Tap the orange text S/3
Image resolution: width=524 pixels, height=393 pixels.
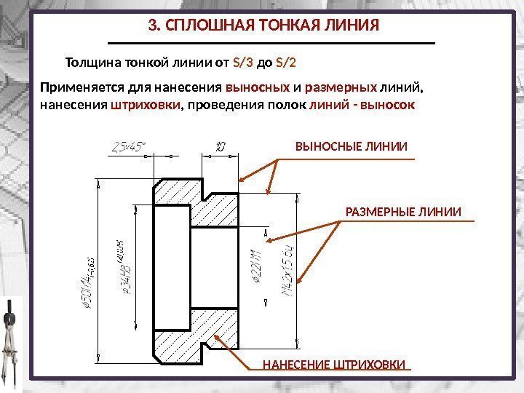pyautogui.click(x=243, y=62)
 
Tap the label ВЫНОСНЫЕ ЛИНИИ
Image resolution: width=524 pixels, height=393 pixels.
pyautogui.click(x=352, y=148)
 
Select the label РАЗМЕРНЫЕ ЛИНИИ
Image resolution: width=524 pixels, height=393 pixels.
pyautogui.click(x=402, y=212)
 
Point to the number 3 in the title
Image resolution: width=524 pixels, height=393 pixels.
pyautogui.click(x=151, y=26)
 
